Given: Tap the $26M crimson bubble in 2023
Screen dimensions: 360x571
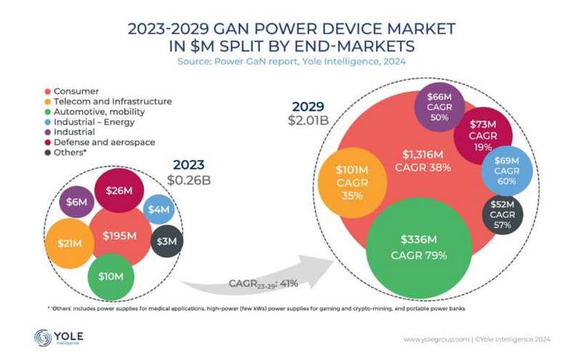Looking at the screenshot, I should [119, 191].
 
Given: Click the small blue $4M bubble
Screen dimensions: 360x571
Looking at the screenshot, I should [158, 209].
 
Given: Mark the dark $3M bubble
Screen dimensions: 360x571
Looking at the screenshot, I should [166, 241].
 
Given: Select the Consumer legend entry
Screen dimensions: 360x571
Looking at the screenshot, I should [76, 91].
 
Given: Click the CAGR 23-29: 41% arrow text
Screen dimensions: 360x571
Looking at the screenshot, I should [263, 283].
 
